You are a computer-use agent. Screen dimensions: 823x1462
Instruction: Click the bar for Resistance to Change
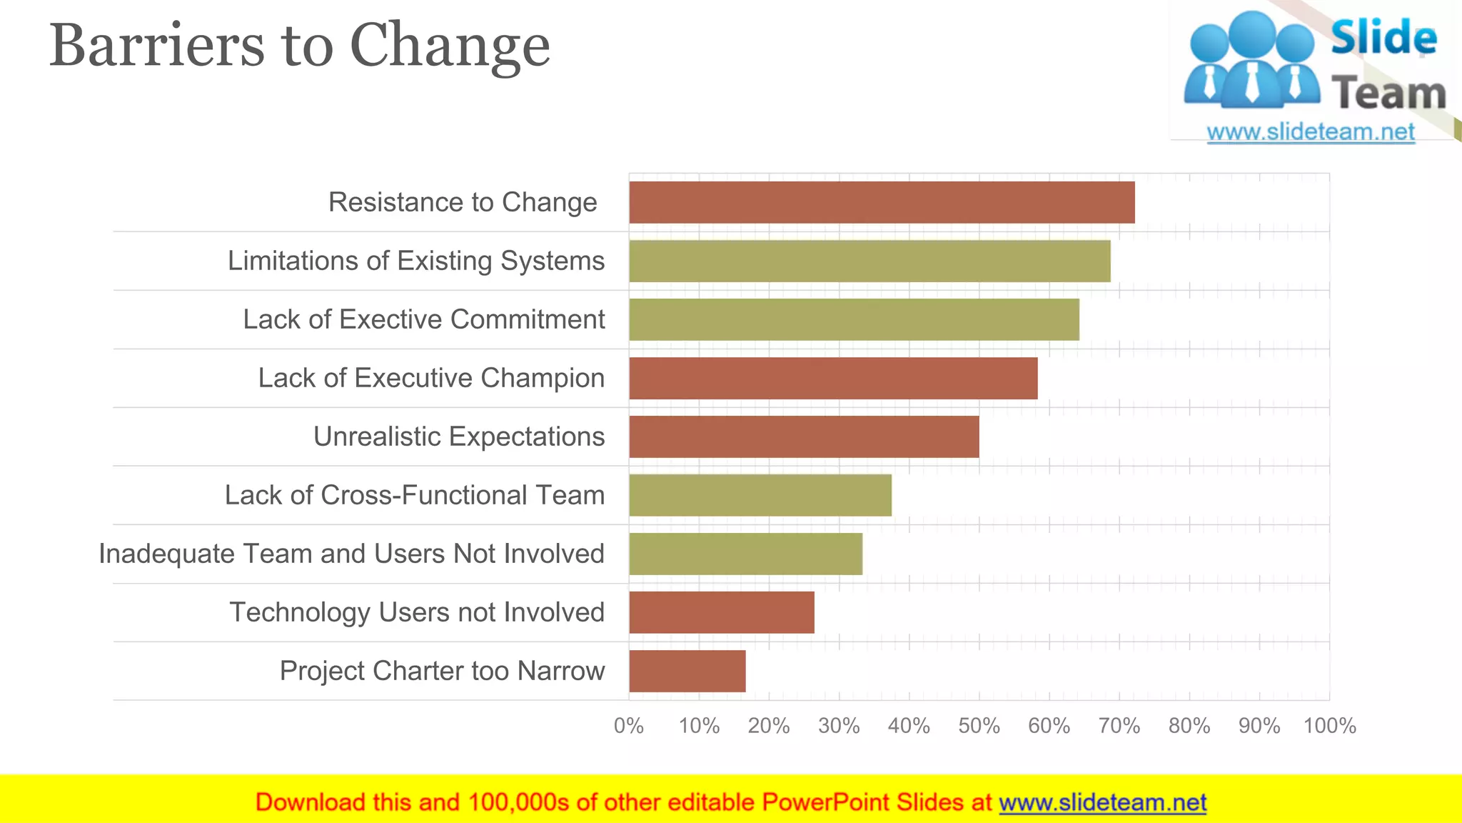coord(882,202)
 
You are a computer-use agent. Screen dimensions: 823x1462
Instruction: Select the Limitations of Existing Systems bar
coord(869,261)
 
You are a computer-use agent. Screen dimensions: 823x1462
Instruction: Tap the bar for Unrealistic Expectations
coord(804,437)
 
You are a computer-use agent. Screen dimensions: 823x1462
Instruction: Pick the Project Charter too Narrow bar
coord(687,671)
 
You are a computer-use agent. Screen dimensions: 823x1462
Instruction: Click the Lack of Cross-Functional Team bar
coord(760,495)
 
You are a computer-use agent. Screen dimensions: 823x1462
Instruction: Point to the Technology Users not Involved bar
coord(722,612)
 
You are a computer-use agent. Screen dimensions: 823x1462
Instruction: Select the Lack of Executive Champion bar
coord(833,378)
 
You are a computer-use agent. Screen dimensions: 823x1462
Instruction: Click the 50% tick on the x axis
coord(979,726)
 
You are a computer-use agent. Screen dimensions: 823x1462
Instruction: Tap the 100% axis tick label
coord(1329,726)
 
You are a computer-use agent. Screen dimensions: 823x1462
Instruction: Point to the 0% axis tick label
coord(629,726)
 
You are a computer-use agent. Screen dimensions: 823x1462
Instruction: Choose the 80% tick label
coord(1189,726)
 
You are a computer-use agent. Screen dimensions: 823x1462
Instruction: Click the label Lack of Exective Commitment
coord(424,319)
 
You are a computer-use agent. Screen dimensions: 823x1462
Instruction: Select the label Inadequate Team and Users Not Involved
coord(351,554)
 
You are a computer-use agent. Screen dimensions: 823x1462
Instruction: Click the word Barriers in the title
coord(156,46)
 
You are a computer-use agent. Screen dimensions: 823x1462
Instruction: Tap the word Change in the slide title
coord(450,46)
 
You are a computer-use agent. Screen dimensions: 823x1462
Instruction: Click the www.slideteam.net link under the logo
coord(1311,132)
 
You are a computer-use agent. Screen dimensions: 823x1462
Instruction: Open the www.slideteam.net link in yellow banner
coord(1102,802)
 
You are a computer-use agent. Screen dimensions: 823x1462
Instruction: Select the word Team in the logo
coord(1388,94)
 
